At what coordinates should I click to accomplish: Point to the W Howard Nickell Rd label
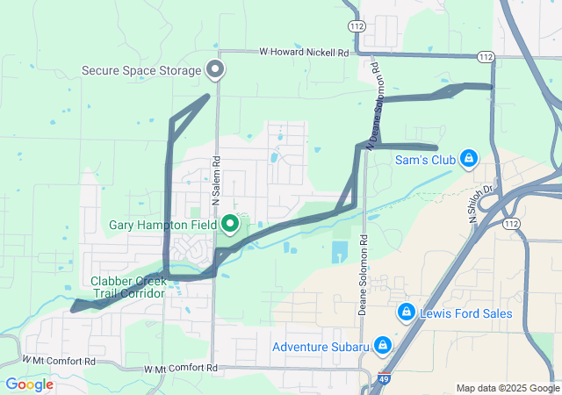pos(304,53)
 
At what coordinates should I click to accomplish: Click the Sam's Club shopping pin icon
pos(469,158)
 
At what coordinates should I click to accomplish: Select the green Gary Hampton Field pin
pos(230,225)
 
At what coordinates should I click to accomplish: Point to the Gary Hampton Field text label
pos(162,226)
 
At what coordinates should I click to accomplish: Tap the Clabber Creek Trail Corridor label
pos(127,287)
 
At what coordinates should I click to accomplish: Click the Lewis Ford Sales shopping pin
pos(406,312)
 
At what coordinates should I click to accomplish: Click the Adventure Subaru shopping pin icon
pos(383,345)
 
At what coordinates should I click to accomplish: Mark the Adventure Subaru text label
pos(320,347)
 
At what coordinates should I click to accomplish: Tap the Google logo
pos(29,384)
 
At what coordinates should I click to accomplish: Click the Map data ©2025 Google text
pos(508,388)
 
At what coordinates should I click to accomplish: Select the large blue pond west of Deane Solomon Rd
pos(340,252)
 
